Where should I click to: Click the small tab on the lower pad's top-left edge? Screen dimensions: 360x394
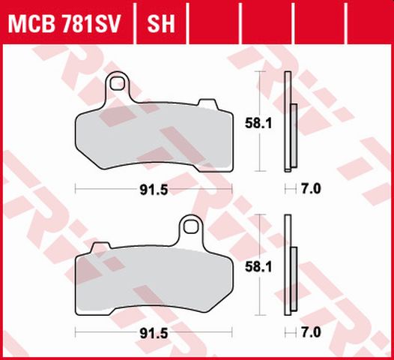click(95, 250)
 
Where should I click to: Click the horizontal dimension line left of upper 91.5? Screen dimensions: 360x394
click(105, 189)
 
